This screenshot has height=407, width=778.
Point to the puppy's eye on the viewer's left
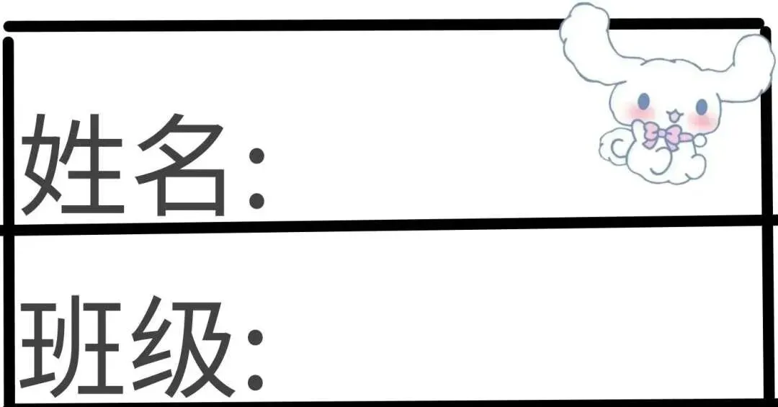(644, 99)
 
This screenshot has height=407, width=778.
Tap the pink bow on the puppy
(662, 134)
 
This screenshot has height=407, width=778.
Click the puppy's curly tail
(614, 148)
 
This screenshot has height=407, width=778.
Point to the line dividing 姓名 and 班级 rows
(389, 225)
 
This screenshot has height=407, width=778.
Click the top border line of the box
(288, 25)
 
